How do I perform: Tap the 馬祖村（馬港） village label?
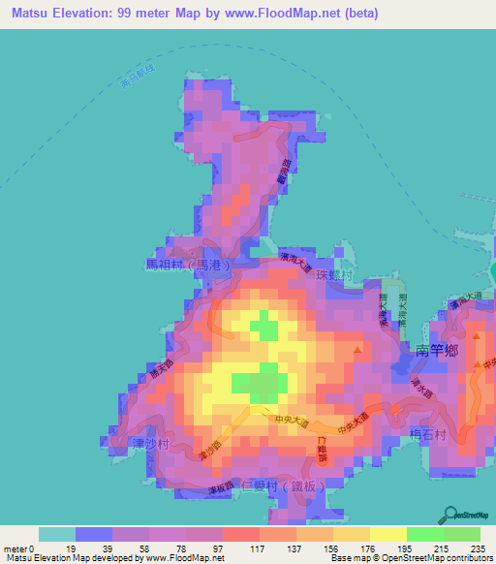(187, 264)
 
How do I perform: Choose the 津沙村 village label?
(150, 443)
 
